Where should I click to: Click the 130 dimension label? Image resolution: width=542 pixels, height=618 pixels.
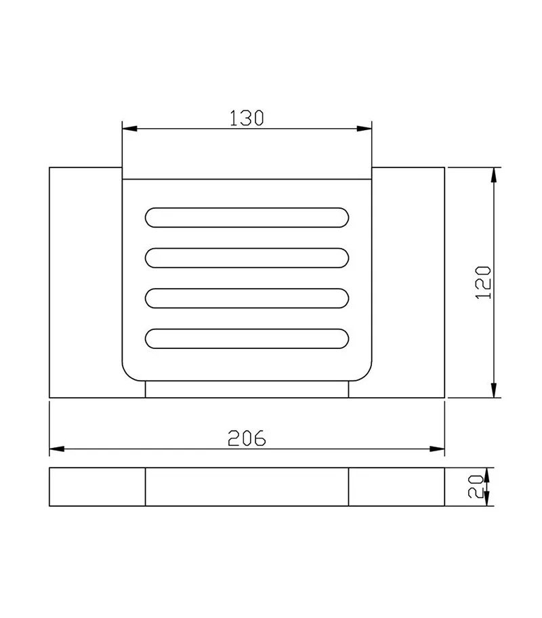tap(247, 118)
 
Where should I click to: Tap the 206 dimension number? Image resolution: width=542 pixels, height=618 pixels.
tap(247, 438)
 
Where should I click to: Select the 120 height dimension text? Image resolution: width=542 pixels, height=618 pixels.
tap(483, 283)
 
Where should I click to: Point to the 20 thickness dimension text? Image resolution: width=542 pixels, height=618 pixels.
tap(476, 487)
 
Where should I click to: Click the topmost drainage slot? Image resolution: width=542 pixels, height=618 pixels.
tap(247, 218)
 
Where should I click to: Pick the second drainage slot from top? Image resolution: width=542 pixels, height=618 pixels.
tap(247, 257)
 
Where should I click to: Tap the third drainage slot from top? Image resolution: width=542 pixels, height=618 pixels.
tap(247, 298)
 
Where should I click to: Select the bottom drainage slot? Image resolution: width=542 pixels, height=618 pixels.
tap(247, 339)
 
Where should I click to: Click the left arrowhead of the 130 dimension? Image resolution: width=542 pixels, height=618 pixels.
tap(129, 129)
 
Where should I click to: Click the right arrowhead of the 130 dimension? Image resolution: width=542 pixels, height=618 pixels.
tap(364, 129)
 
